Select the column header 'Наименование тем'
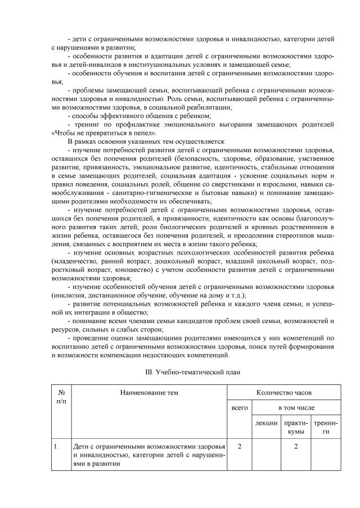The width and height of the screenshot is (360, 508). pyautogui.click(x=149, y=392)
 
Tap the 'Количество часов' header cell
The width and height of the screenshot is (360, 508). pyautogui.click(x=283, y=392)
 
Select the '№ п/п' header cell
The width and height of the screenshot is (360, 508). pyautogui.click(x=61, y=397)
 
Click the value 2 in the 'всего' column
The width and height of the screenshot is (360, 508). pyautogui.click(x=240, y=447)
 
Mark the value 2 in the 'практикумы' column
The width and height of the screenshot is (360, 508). pyautogui.click(x=296, y=447)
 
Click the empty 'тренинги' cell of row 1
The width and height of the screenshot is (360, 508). pyautogui.click(x=326, y=455)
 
